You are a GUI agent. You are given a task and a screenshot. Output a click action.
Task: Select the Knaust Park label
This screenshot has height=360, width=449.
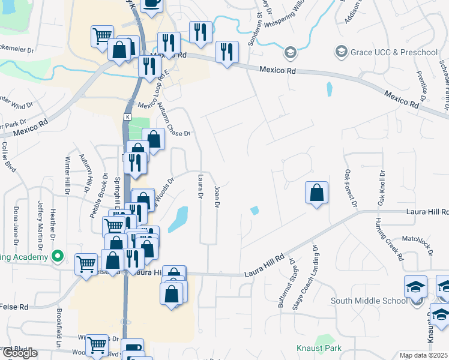click(319, 347)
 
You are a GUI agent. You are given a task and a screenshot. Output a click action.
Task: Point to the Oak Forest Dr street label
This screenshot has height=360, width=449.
click(351, 189)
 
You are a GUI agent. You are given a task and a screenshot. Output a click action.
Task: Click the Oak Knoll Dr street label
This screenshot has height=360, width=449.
click(381, 188)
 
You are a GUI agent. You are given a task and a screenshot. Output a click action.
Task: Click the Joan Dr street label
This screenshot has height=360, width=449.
click(216, 197)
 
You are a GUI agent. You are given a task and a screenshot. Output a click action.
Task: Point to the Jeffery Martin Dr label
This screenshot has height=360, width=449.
click(41, 226)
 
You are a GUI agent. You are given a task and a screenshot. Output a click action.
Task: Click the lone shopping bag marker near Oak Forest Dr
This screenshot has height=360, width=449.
click(316, 193)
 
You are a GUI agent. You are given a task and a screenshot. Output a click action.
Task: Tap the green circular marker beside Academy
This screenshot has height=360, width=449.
click(58, 257)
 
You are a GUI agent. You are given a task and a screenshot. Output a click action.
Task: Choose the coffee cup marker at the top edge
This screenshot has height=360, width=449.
click(152, 3)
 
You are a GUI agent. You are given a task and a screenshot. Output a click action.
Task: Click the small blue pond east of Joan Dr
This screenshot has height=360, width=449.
click(255, 210)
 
